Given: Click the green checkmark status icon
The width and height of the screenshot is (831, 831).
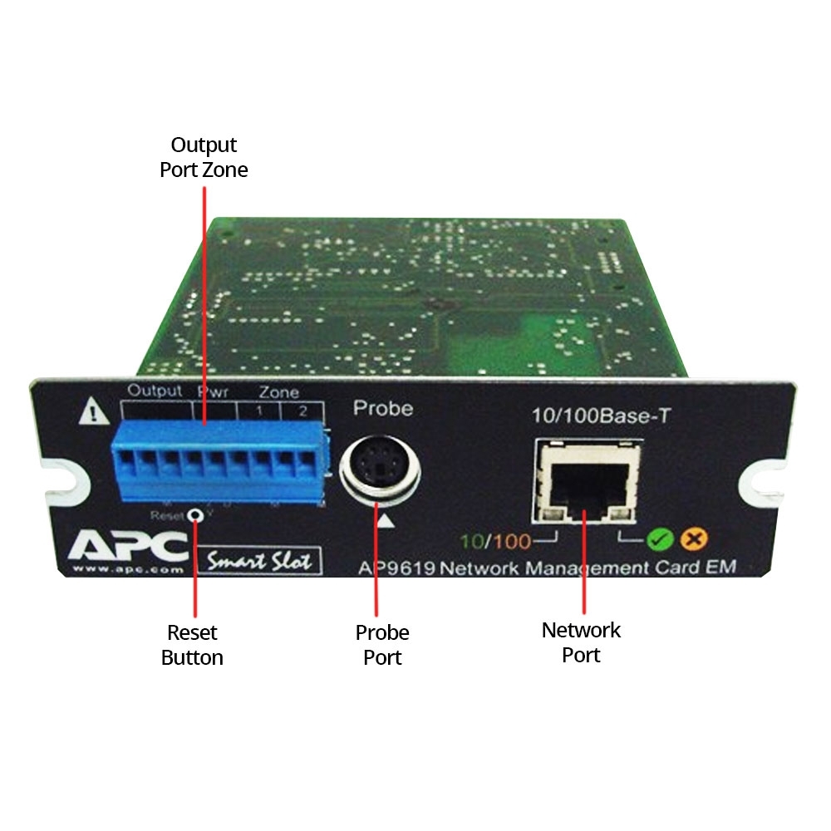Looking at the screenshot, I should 661,540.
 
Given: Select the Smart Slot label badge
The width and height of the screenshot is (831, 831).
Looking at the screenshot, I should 258,559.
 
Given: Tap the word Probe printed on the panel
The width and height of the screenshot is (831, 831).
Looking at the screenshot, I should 383,408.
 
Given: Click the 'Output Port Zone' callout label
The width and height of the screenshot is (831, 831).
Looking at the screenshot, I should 204,157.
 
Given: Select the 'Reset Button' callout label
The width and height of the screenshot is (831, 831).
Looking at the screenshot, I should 192,645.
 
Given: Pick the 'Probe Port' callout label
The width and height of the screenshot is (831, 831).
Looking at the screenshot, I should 382,645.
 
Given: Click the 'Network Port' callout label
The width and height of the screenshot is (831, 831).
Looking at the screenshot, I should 581,642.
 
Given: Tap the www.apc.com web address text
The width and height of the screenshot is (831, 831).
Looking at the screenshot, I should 120,571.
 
